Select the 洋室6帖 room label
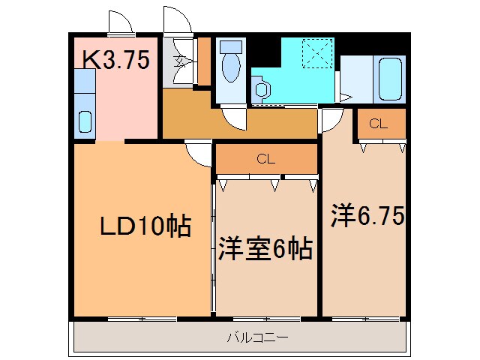pos(265,249)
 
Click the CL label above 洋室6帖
pos(265,158)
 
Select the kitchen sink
pos(85,121)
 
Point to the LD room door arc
pos(199,153)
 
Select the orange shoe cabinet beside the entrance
pos(203,61)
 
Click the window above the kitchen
pos(119,34)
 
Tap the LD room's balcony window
pos(142,319)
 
